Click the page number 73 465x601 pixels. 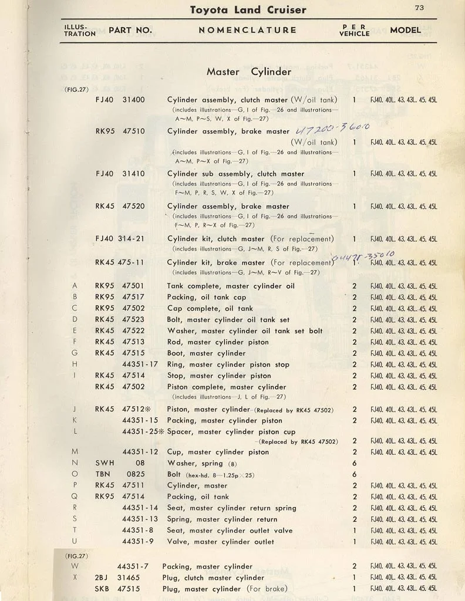(419, 8)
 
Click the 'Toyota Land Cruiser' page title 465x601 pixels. (248, 10)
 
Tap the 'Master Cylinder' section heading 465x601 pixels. (248, 72)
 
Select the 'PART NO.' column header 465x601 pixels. (130, 30)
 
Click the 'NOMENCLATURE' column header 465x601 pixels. (247, 30)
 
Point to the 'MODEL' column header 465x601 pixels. (405, 30)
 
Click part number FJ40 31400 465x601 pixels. (120, 100)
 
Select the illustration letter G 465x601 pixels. (75, 353)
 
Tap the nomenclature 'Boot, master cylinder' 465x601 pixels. (206, 353)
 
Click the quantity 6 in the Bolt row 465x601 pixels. (355, 474)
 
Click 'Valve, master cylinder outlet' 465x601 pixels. (221, 542)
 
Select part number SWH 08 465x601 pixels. (120, 462)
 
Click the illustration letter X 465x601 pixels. (75, 578)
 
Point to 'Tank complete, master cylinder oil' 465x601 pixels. (231, 286)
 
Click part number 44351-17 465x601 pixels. (140, 364)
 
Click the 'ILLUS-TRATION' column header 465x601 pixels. (80, 30)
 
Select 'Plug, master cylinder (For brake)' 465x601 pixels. (227, 589)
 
